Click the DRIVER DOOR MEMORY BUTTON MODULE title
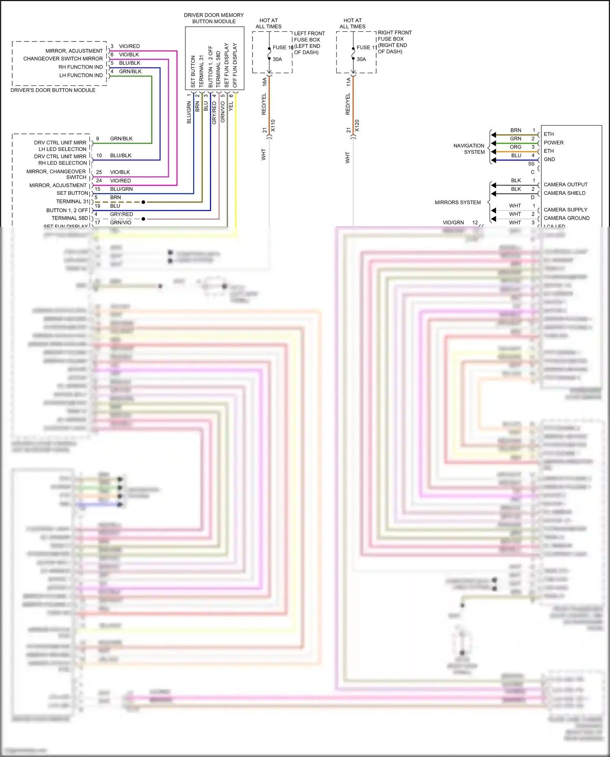(213, 18)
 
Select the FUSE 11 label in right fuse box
(366, 48)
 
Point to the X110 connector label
(273, 125)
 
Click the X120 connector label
(357, 125)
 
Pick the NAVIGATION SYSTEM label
(469, 149)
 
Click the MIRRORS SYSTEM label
(457, 203)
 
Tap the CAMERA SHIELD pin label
(564, 193)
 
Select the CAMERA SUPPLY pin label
(565, 210)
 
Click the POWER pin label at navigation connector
(553, 143)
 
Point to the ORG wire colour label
(515, 147)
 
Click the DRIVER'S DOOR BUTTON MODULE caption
(53, 90)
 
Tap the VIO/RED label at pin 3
(129, 46)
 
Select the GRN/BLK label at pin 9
(121, 139)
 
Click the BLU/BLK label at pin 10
(121, 155)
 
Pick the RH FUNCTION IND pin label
(81, 67)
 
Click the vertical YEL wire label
(231, 106)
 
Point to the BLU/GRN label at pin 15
(121, 189)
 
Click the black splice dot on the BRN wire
(143, 202)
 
